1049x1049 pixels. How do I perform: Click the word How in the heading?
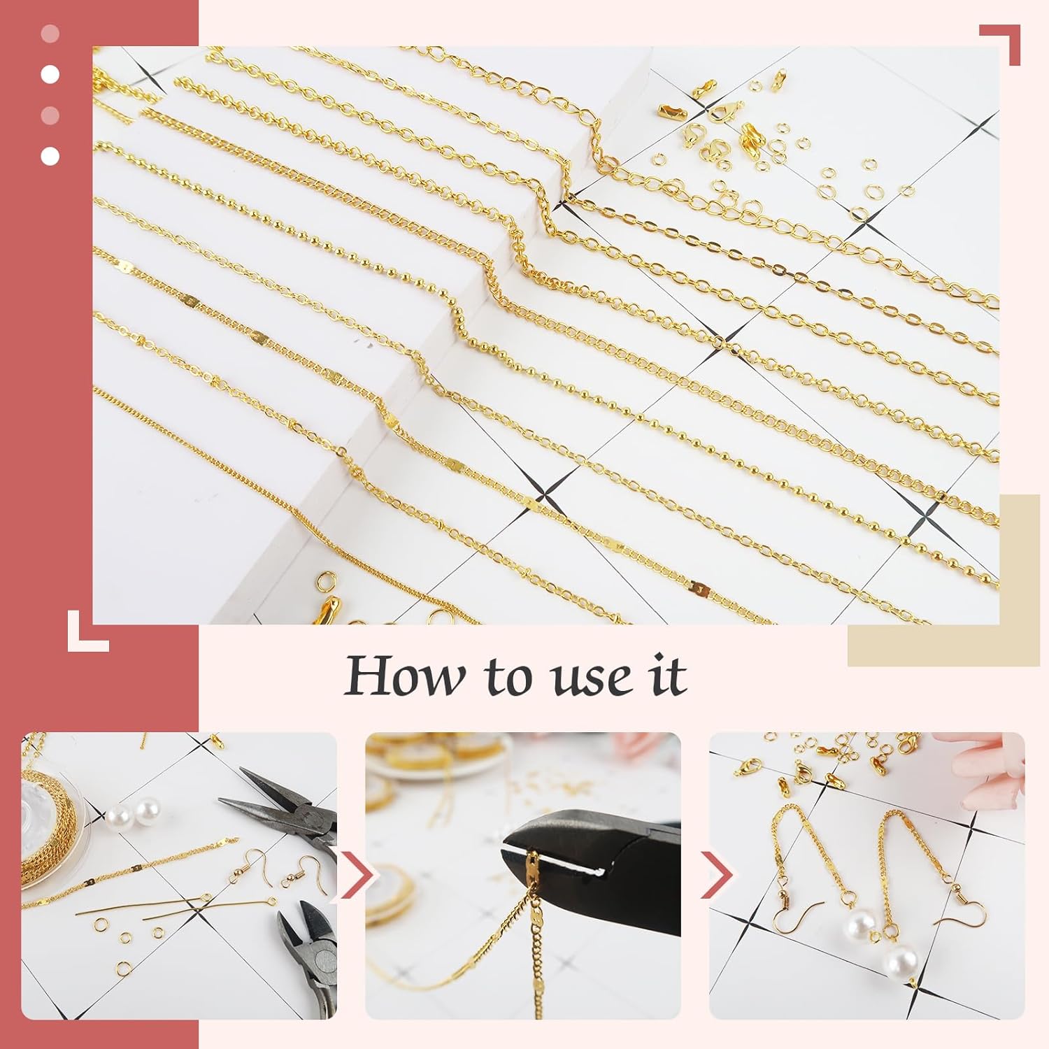[404, 676]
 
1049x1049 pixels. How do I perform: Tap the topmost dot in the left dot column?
[50, 34]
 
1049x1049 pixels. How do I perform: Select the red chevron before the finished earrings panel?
[716, 874]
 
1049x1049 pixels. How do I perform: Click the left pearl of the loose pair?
[122, 815]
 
